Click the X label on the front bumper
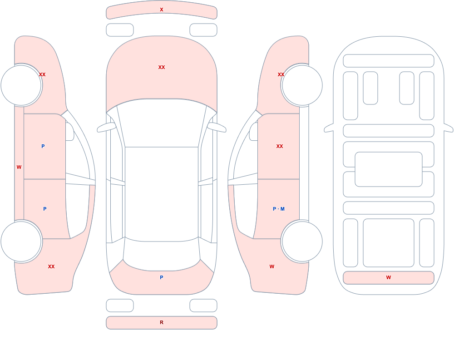[162, 10]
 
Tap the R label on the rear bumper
[162, 322]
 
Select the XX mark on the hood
[162, 67]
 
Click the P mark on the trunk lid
[162, 277]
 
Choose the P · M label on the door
[279, 209]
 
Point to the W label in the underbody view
[389, 277]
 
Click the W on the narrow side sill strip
[19, 167]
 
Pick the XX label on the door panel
[279, 146]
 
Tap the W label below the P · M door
[272, 266]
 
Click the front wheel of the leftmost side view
[21, 85]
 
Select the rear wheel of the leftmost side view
[21, 241]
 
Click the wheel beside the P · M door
[302, 241]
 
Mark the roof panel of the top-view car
[162, 194]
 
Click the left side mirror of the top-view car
[106, 128]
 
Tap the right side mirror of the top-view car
[217, 128]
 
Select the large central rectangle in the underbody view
[389, 169]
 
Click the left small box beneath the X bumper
[120, 30]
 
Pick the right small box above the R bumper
[203, 306]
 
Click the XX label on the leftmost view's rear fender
[51, 266]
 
